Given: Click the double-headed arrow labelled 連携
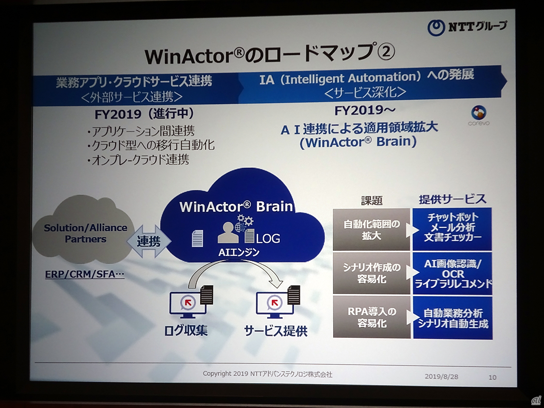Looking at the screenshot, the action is (x=149, y=241).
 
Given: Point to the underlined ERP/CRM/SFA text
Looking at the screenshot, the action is (x=85, y=274).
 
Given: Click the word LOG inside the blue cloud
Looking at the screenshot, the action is (x=268, y=238).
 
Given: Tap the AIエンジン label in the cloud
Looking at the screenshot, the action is (x=239, y=252).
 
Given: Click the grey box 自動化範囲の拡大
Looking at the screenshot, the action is (x=371, y=229).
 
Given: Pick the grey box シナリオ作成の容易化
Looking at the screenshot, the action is (x=371, y=273).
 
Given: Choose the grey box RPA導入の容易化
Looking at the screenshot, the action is (x=371, y=317).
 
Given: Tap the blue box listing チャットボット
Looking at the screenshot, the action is (x=452, y=229).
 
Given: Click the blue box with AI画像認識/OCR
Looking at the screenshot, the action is (x=452, y=273).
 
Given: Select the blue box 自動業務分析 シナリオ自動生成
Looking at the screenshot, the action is (x=453, y=317).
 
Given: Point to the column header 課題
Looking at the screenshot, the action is (x=372, y=201).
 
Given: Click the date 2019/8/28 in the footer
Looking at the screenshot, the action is (x=442, y=377).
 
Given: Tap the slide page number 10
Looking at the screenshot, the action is (x=492, y=377).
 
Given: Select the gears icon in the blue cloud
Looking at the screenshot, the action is (x=245, y=220).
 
